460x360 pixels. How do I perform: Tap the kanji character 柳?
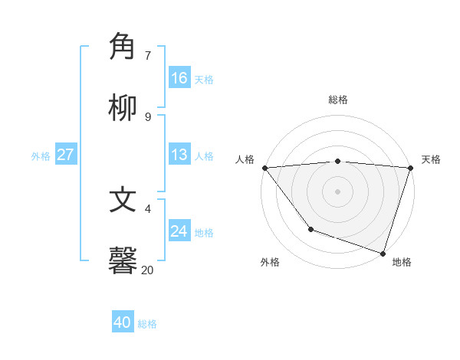click(123, 108)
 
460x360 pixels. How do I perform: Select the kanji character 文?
click(123, 200)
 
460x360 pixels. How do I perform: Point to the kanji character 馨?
click(123, 260)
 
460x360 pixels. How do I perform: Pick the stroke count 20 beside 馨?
click(147, 270)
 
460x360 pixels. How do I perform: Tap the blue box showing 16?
click(179, 78)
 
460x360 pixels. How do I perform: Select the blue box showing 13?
click(179, 155)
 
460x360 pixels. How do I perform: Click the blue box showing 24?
click(179, 231)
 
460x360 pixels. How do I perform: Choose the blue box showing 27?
click(65, 155)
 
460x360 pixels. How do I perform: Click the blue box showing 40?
click(123, 322)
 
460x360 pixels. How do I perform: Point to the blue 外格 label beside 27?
click(41, 155)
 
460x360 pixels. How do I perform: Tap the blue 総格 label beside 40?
click(147, 324)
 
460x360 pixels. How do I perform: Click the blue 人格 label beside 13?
click(204, 155)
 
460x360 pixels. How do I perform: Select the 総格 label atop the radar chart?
click(338, 100)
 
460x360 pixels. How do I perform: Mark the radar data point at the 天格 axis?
click(410, 168)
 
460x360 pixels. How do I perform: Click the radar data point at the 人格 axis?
click(264, 168)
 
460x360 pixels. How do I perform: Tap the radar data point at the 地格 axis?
click(383, 253)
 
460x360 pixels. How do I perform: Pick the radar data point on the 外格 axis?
click(310, 229)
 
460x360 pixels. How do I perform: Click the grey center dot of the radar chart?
click(337, 191)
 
